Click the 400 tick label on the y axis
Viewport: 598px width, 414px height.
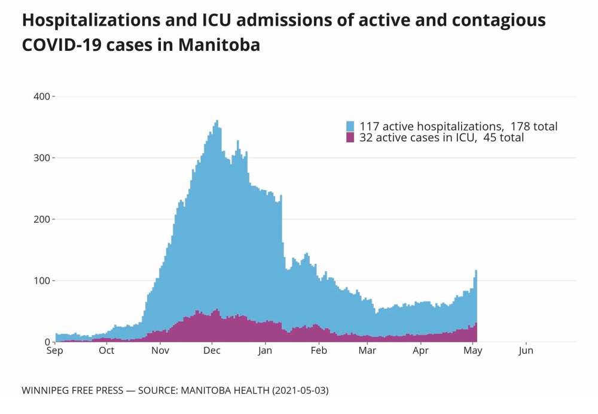[x=42, y=96]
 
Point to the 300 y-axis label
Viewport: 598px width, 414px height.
[x=42, y=158]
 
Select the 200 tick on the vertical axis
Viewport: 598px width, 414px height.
[x=42, y=220]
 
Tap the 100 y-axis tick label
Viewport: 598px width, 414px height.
[x=42, y=281]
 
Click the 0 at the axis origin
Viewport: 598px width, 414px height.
[x=47, y=342]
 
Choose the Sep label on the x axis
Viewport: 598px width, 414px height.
[x=54, y=351]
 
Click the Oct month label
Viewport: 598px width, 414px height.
[x=106, y=351]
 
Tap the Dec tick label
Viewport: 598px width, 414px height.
[x=213, y=351]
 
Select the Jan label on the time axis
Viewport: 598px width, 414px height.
[x=266, y=351]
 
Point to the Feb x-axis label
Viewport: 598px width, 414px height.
[x=319, y=351]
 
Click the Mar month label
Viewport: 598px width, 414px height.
[x=367, y=351]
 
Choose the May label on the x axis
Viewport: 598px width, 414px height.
[x=473, y=351]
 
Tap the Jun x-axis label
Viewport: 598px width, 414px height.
[x=526, y=351]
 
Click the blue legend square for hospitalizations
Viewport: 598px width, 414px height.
[x=350, y=127]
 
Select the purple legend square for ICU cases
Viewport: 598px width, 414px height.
[x=350, y=138]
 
